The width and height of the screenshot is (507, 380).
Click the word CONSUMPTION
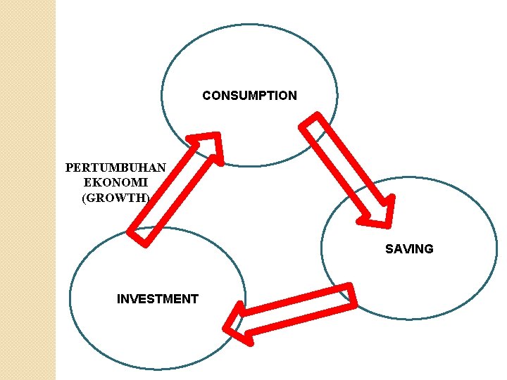tap(249, 96)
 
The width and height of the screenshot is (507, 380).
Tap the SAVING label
tap(409, 249)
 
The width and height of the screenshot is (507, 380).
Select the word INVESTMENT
tap(158, 299)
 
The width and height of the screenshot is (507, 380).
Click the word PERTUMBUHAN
tap(115, 168)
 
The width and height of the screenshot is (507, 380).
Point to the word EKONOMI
tap(115, 183)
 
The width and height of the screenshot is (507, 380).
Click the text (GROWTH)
tap(115, 198)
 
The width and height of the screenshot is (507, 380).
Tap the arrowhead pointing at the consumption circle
tap(208, 145)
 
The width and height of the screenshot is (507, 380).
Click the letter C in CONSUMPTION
tap(206, 96)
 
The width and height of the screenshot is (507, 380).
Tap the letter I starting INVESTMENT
tap(118, 299)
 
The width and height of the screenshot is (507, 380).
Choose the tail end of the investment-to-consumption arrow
tap(141, 236)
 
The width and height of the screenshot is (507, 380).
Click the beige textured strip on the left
tap(27, 190)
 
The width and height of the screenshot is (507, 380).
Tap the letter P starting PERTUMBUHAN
tap(69, 168)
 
